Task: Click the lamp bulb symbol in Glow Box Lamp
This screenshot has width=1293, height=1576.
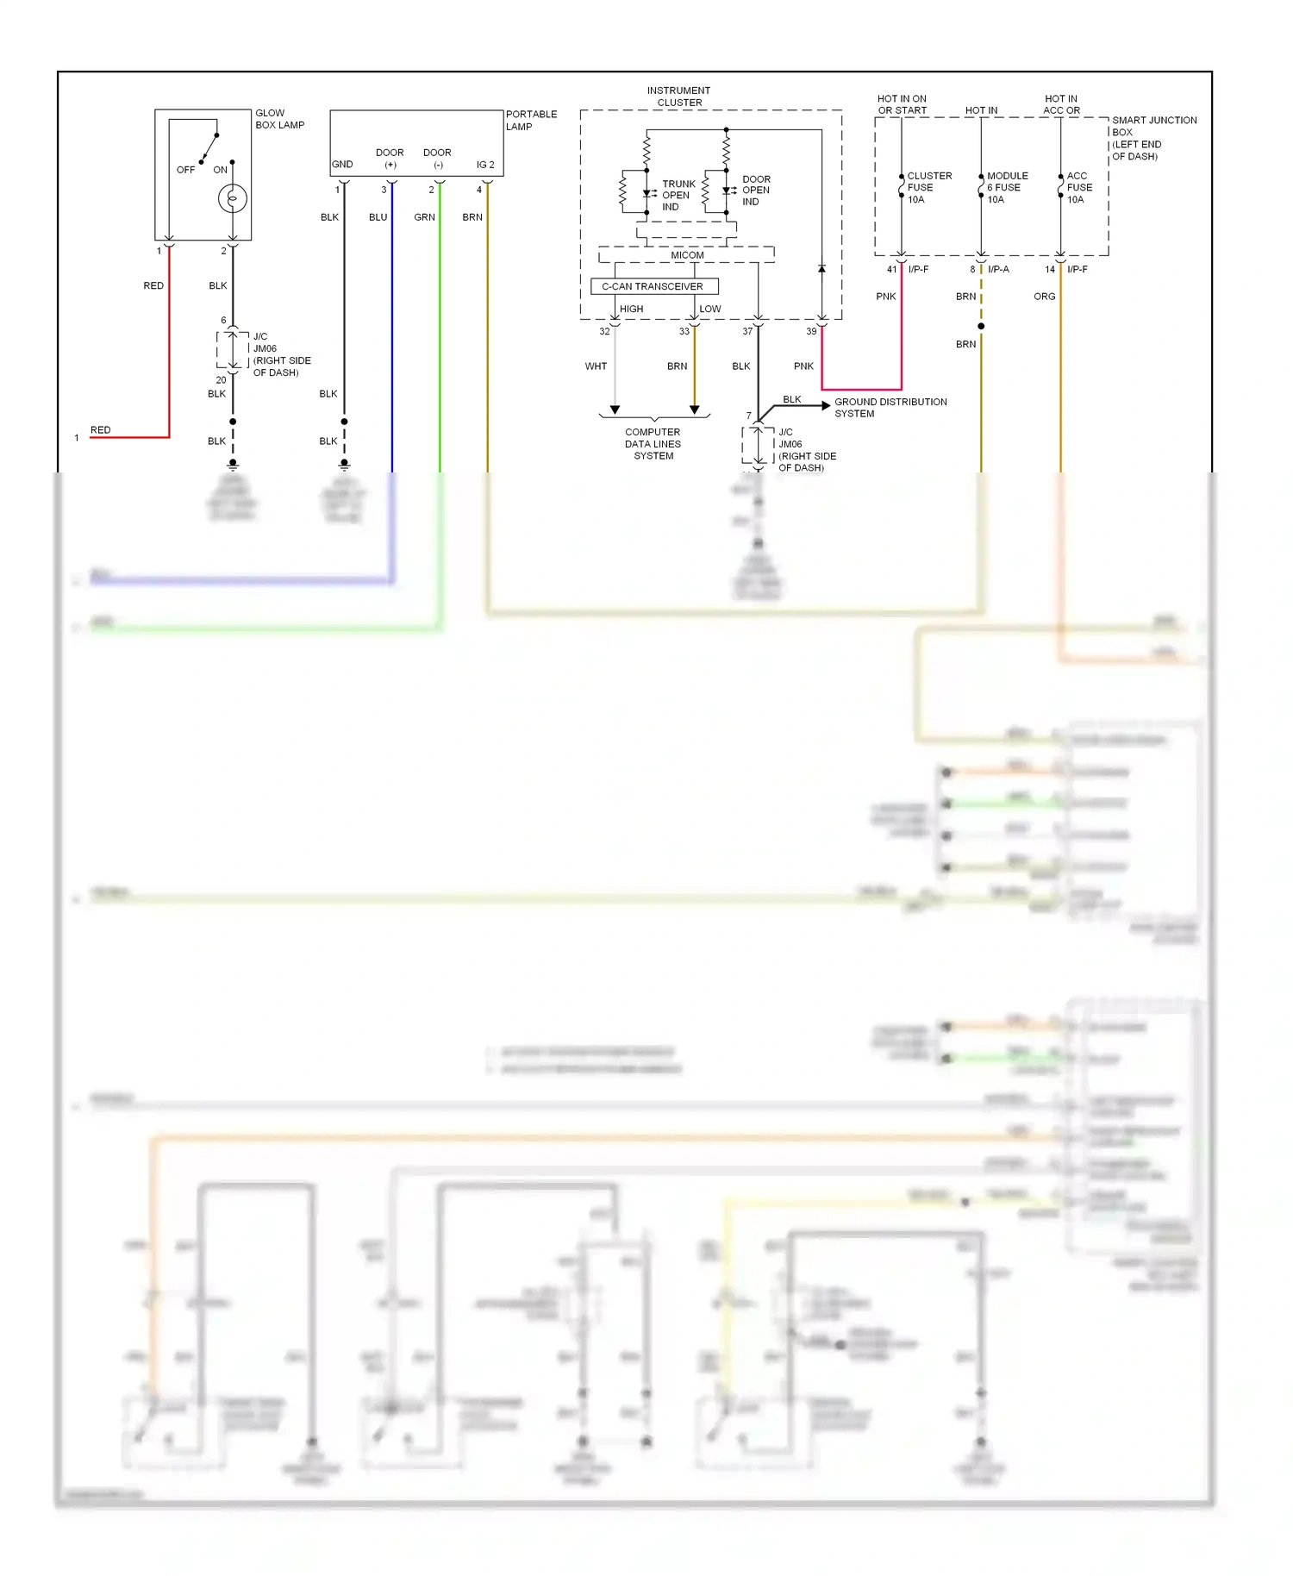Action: [x=232, y=199]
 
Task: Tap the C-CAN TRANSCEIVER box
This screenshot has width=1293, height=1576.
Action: [x=653, y=286]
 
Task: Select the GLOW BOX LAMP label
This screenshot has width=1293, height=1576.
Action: [x=279, y=119]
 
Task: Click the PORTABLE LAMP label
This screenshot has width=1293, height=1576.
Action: [x=531, y=120]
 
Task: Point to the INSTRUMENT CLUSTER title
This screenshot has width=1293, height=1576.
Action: [x=679, y=97]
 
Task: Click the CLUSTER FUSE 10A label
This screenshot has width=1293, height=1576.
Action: [x=928, y=187]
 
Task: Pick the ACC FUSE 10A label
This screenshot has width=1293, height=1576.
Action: [x=1078, y=187]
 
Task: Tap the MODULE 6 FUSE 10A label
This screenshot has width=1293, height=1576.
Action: [x=1006, y=187]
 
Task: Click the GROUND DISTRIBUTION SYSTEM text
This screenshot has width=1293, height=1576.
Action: [x=890, y=408]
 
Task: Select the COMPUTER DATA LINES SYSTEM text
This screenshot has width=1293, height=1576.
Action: [x=653, y=444]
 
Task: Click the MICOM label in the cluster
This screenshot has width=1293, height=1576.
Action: [x=687, y=255]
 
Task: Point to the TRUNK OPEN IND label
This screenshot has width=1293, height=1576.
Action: [x=678, y=196]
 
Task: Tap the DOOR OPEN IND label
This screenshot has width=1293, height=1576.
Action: [x=756, y=191]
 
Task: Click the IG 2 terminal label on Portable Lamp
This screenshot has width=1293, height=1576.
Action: [x=485, y=165]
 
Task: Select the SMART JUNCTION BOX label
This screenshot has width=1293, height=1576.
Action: [x=1153, y=138]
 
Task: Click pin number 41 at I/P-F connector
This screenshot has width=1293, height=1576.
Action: [x=892, y=270]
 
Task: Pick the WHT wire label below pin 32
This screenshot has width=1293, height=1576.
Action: [x=596, y=366]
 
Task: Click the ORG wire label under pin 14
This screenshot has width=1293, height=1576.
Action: [x=1044, y=297]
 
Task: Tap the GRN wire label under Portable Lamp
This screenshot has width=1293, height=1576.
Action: [x=424, y=217]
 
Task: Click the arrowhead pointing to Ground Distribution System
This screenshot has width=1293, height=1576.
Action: [x=826, y=404]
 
